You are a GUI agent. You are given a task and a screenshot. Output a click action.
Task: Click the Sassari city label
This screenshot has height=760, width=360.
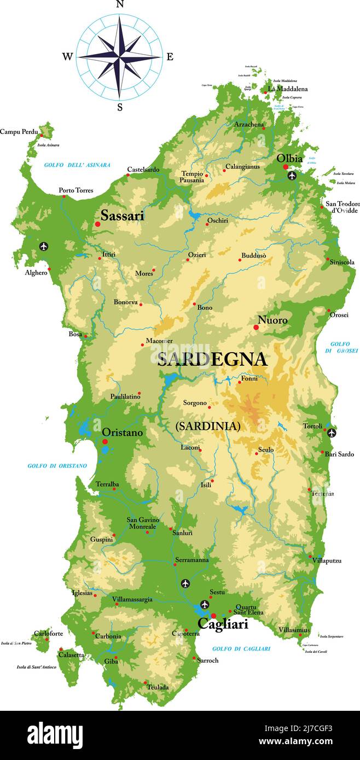point(122,216)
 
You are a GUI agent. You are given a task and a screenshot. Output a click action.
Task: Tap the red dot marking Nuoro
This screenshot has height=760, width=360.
point(256,328)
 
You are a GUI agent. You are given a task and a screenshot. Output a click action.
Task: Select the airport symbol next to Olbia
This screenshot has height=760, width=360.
point(292,176)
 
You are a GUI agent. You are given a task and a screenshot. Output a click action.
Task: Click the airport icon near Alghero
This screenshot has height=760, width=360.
point(44,246)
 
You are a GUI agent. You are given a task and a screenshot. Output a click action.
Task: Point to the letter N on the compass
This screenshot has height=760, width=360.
point(120,4)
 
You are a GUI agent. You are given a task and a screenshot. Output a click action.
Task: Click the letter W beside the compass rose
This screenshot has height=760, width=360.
point(67,56)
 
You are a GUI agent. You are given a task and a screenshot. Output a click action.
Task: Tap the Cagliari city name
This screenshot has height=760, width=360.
point(223,624)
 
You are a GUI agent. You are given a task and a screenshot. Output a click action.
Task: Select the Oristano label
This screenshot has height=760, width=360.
point(123,432)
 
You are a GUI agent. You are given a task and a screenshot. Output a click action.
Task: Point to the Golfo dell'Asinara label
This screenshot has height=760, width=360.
point(77,165)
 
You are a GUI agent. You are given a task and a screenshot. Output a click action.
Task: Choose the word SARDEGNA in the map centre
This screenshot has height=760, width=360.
point(212,359)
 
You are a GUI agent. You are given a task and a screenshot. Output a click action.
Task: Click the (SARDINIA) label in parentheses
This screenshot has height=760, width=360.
point(208,426)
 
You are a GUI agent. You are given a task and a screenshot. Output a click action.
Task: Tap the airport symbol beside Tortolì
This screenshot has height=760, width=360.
point(332,433)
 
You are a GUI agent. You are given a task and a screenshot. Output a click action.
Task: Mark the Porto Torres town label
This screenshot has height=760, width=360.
point(76,190)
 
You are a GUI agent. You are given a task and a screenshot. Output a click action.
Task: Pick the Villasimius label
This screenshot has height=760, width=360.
point(294,630)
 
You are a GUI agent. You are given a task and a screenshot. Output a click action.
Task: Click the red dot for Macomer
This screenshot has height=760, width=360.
point(142,345)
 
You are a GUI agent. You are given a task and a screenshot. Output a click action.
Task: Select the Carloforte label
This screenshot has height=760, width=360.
point(48,634)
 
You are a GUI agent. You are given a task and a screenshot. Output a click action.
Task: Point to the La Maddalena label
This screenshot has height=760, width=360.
point(288,89)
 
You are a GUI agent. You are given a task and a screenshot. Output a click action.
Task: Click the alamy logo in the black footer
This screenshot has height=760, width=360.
point(55,734)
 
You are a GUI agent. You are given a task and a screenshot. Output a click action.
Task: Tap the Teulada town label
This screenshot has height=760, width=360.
point(158,687)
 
